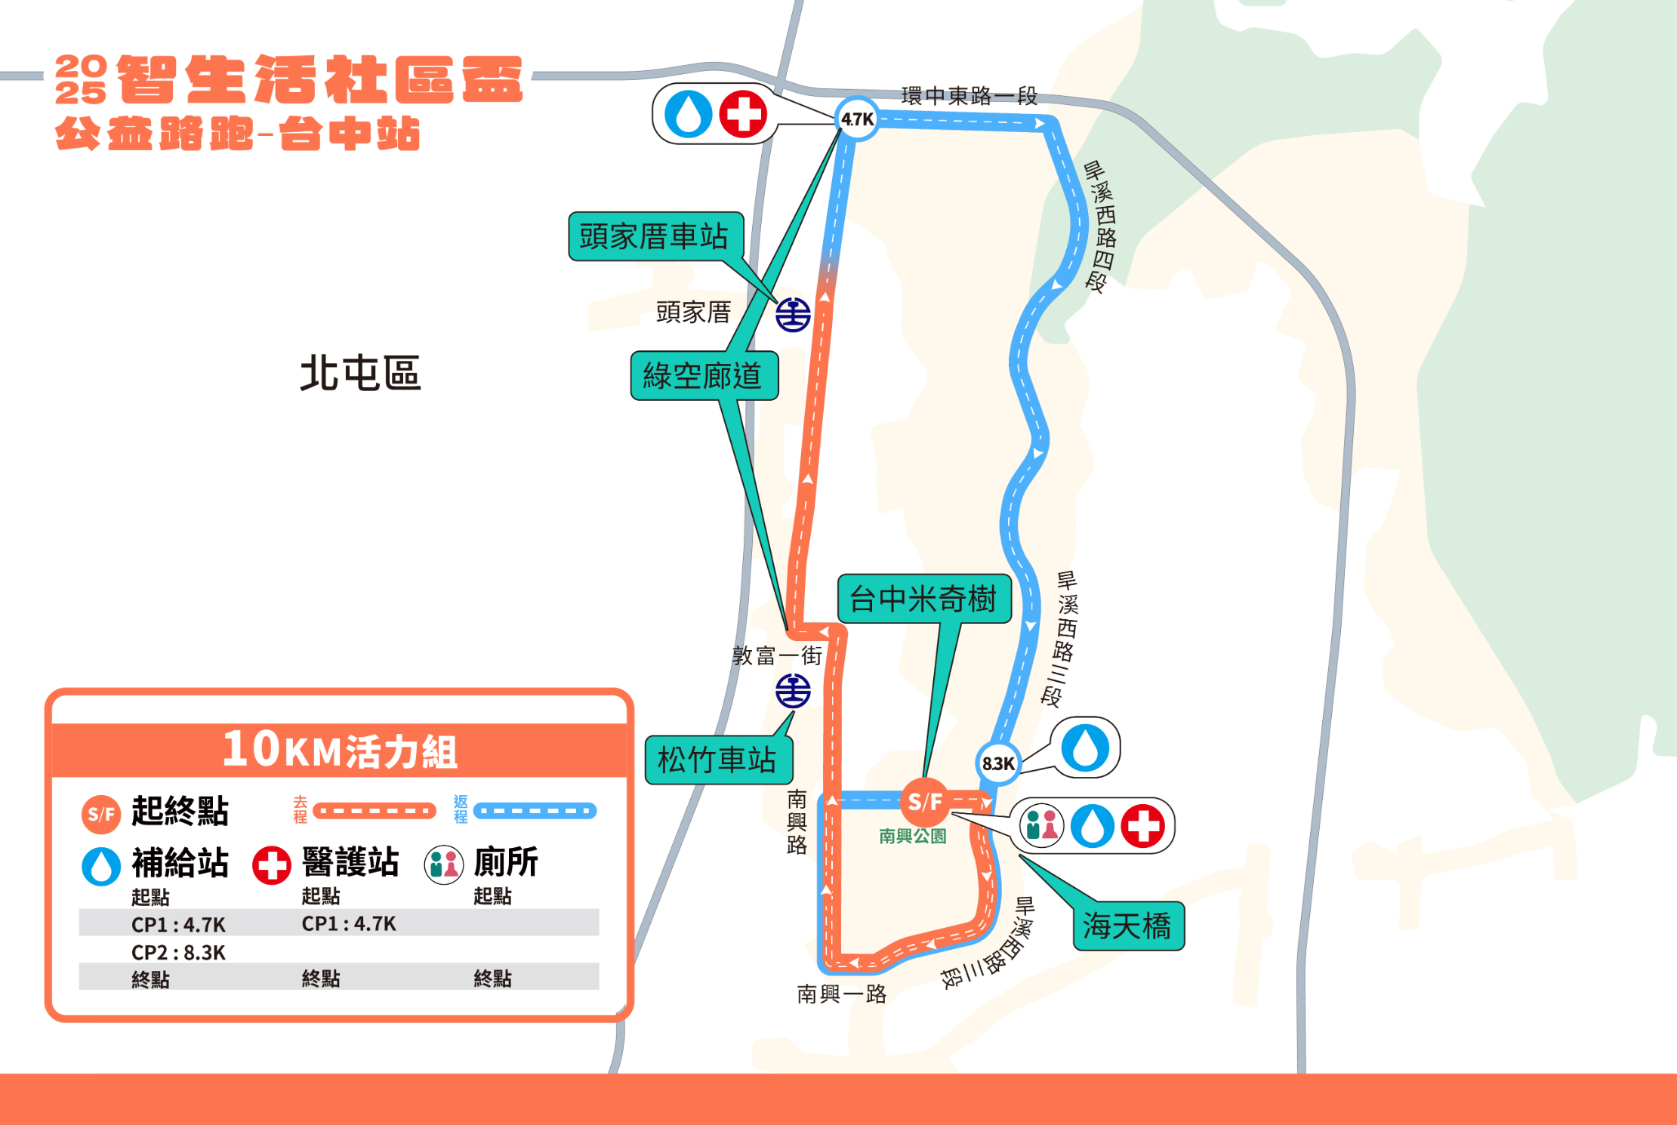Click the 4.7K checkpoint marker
(857, 119)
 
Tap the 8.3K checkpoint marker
(998, 763)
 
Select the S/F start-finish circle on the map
(925, 802)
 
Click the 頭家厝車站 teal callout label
(655, 236)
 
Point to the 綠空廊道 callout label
(704, 375)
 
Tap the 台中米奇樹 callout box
(924, 599)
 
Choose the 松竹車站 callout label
(718, 760)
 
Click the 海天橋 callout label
(1128, 926)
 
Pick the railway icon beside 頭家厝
(793, 314)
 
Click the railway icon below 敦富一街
(793, 691)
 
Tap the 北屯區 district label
(360, 373)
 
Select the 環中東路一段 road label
(970, 96)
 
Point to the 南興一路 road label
(842, 994)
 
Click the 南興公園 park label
(912, 836)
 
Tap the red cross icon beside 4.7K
(743, 114)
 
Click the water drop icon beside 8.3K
(1085, 747)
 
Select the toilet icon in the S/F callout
(1042, 825)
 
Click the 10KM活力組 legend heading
(340, 750)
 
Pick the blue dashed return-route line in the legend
(535, 811)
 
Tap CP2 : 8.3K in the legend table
(178, 952)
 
